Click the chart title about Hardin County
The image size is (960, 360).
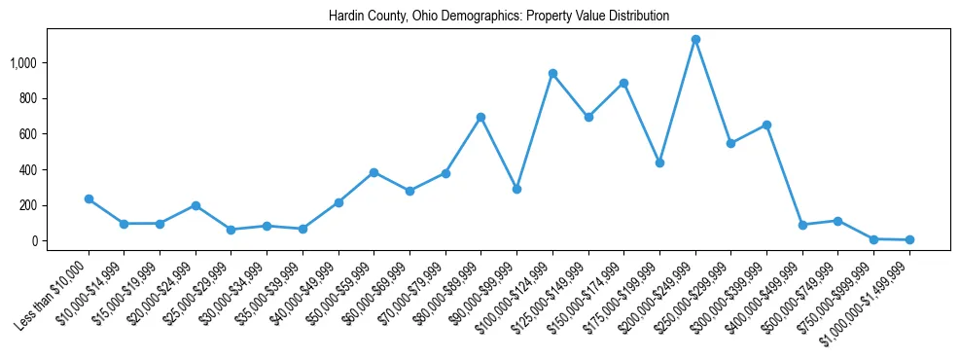(x=499, y=17)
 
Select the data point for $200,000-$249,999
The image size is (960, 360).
(x=695, y=40)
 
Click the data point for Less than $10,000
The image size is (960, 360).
(x=89, y=198)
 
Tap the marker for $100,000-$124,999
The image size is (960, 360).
(x=552, y=73)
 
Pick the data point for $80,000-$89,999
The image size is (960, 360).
(x=480, y=117)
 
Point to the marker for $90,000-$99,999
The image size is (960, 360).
(x=516, y=189)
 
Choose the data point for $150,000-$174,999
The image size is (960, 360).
(x=623, y=83)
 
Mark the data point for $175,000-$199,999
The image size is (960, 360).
(x=659, y=162)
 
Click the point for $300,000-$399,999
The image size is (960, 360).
(x=766, y=125)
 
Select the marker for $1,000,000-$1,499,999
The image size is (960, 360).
(x=909, y=239)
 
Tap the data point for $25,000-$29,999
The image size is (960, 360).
(x=231, y=230)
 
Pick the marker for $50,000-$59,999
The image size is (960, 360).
(x=373, y=172)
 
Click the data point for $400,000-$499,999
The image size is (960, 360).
(x=802, y=225)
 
